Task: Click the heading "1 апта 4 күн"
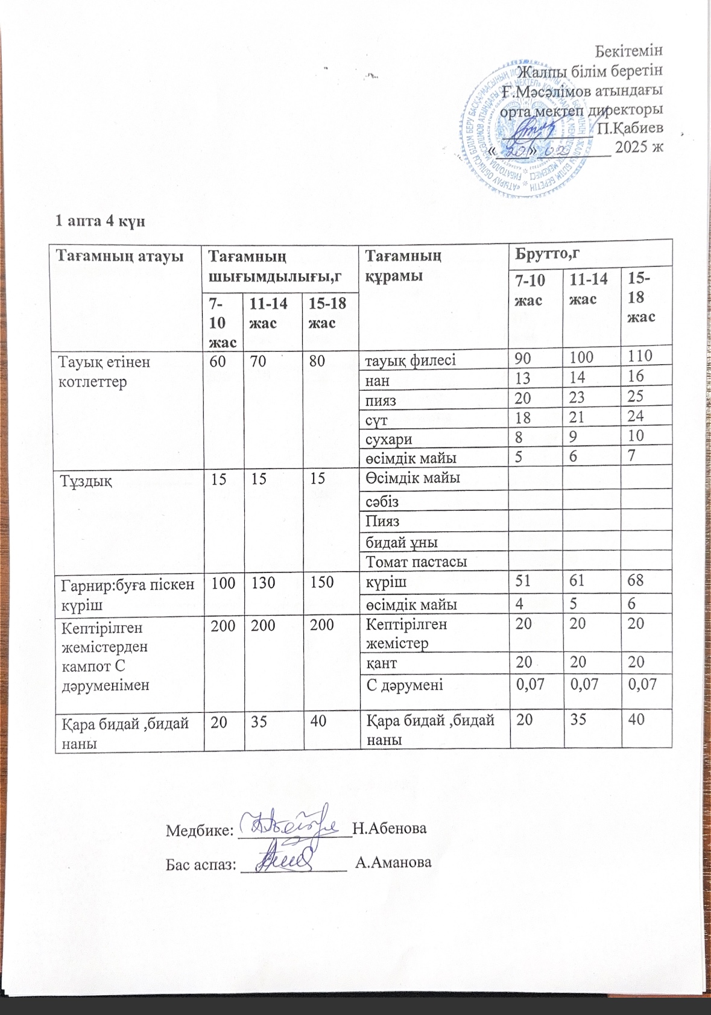click(x=100, y=221)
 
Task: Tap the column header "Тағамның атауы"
click(x=119, y=256)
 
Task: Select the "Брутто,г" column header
click(x=548, y=253)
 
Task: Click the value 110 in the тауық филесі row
click(x=639, y=356)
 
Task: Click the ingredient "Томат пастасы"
click(x=416, y=561)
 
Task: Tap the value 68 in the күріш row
click(x=636, y=581)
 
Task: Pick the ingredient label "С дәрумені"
click(x=405, y=685)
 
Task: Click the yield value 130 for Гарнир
click(x=263, y=583)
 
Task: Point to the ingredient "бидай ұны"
click(x=402, y=542)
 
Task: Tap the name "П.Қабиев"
click(x=630, y=128)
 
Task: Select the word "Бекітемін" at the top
click(x=629, y=51)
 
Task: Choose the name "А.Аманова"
click(x=393, y=862)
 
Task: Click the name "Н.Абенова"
click(x=390, y=828)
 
